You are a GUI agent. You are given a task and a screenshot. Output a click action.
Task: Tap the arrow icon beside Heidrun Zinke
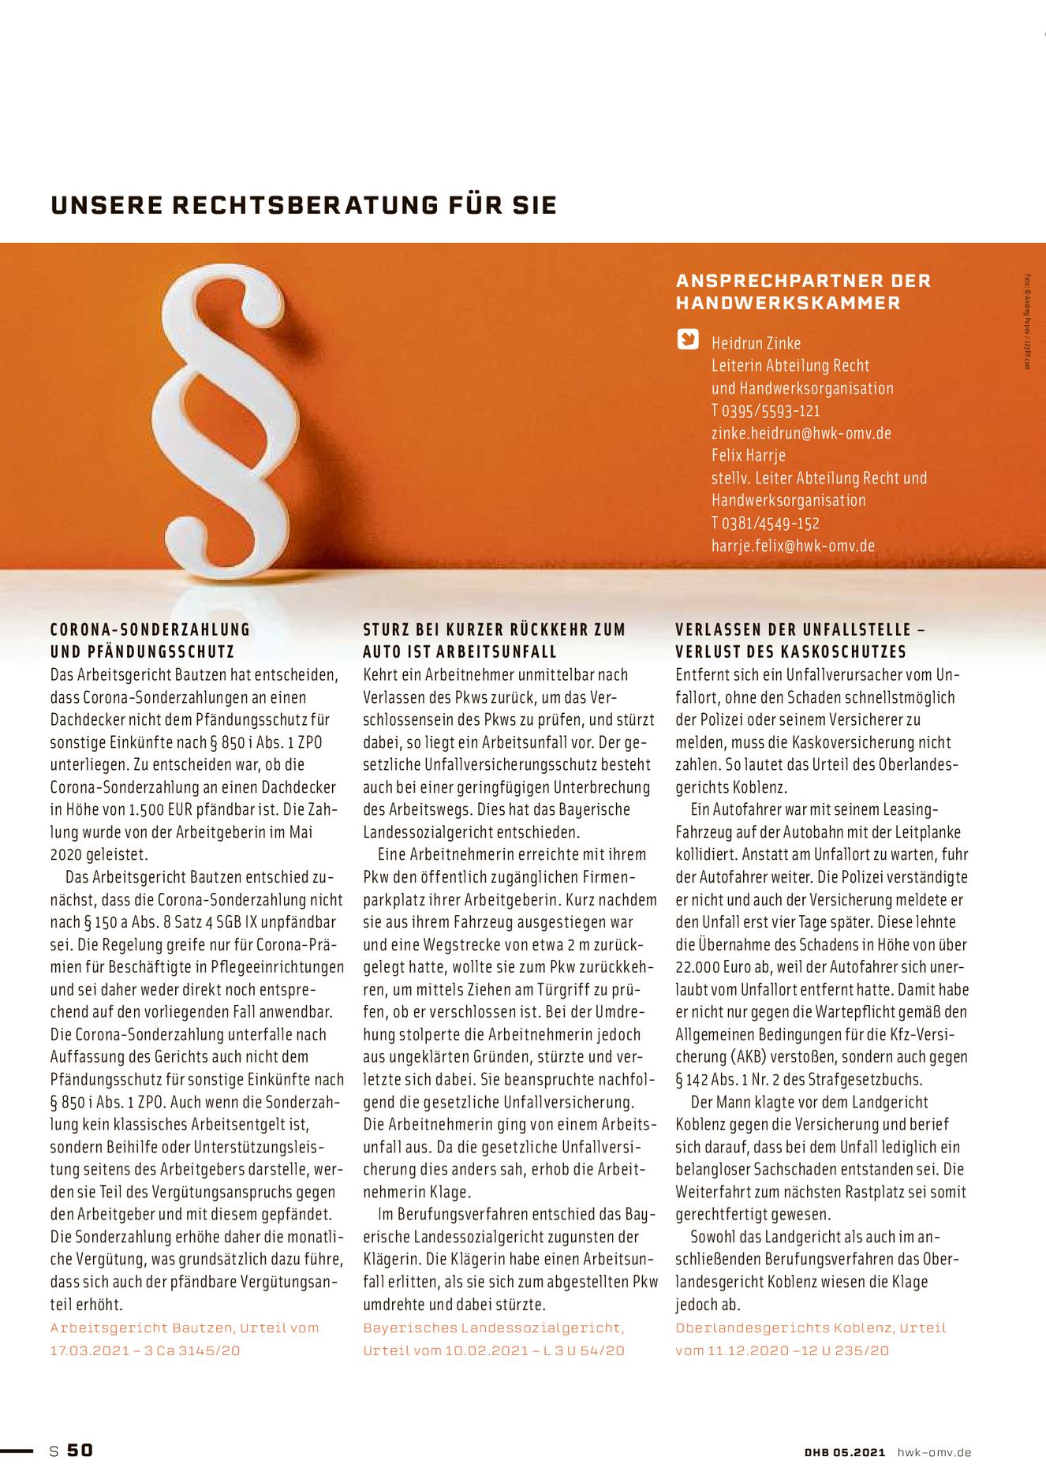[x=688, y=340]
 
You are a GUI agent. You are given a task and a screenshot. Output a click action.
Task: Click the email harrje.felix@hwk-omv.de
[x=793, y=545]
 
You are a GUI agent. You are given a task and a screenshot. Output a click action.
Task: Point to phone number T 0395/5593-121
[x=765, y=410]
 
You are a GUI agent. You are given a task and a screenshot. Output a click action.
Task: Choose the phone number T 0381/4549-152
[x=765, y=523]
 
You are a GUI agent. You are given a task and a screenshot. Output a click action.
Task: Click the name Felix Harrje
[x=748, y=455]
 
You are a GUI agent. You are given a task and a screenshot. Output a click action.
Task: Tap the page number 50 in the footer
[x=80, y=1450]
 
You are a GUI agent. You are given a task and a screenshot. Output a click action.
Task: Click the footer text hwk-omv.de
[x=934, y=1451]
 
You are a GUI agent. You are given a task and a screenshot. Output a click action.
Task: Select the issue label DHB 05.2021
[x=845, y=1451]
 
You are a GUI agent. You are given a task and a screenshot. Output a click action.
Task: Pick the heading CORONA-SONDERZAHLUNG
[x=150, y=629]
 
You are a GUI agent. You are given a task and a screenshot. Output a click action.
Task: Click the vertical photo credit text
[x=1028, y=321]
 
